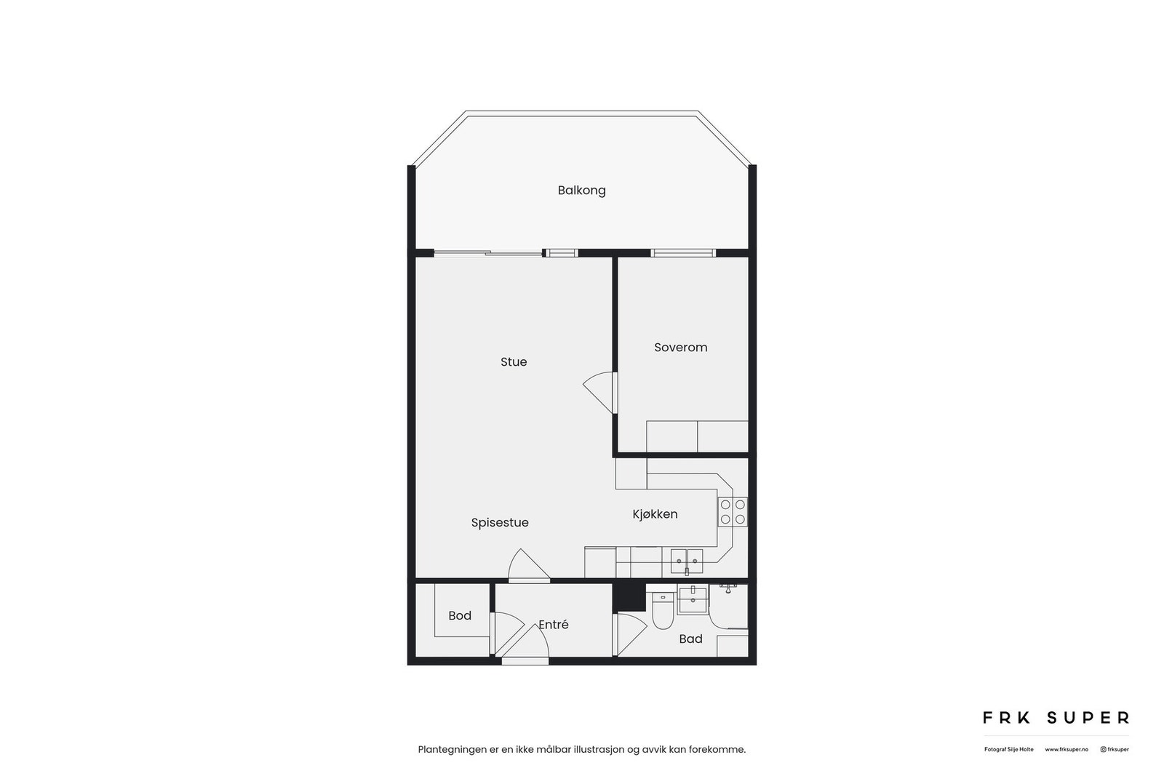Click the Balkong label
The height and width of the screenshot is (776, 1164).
(x=581, y=191)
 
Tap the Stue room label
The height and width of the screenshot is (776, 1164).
(x=514, y=362)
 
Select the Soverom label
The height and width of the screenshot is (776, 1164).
(x=680, y=348)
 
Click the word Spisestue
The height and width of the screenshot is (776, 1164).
(x=500, y=523)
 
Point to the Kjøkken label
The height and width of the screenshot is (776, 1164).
(x=655, y=514)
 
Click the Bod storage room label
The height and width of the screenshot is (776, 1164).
(x=460, y=616)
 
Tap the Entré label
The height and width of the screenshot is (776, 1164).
(x=554, y=625)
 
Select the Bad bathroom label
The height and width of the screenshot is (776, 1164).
(x=690, y=639)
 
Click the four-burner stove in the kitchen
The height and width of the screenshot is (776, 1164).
(x=733, y=512)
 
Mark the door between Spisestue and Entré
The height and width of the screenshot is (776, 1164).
(x=529, y=567)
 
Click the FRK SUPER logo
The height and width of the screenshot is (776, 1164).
(x=1056, y=718)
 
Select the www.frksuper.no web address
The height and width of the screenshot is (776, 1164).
(x=1067, y=749)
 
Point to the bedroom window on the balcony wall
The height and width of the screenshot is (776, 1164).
(x=683, y=253)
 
